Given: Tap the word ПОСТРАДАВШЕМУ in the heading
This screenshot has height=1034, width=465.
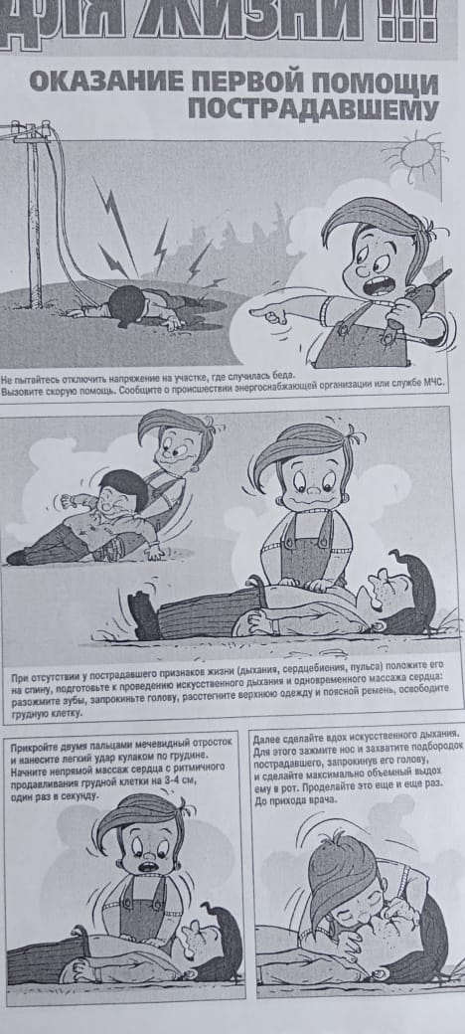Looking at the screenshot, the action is (313, 108).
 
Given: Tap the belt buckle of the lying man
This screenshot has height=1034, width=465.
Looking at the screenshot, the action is (255, 583).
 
